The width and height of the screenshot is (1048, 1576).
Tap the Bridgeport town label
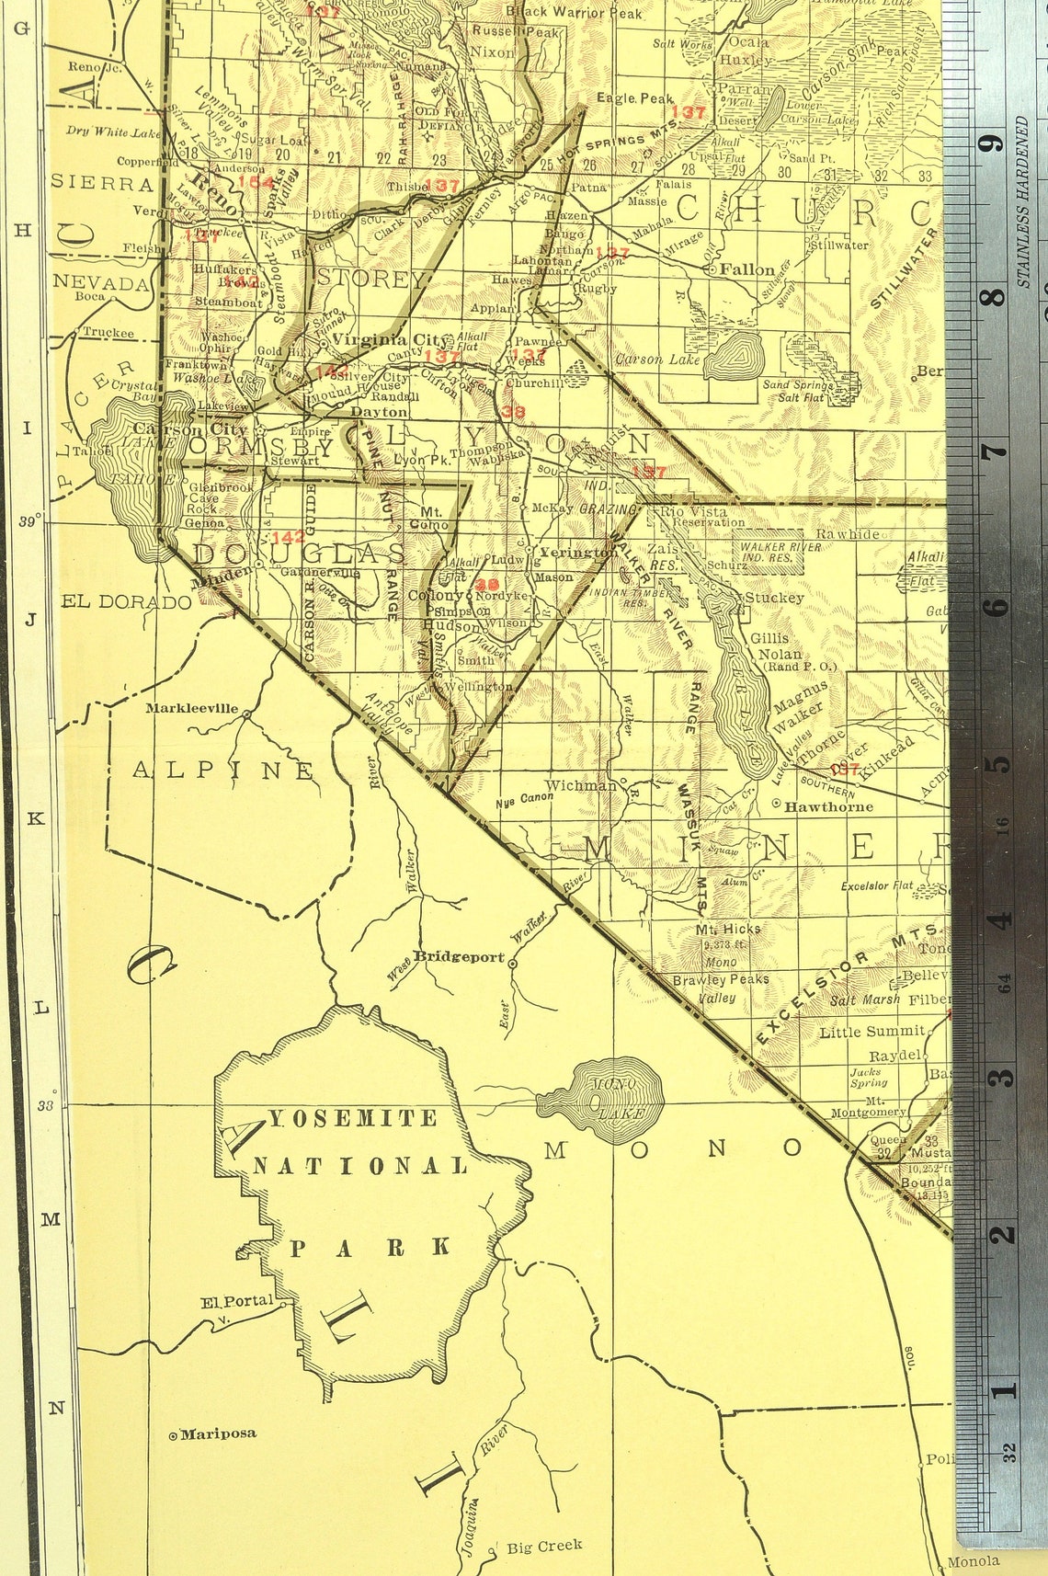pos(459,956)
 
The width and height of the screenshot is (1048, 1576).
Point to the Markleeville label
pos(191,708)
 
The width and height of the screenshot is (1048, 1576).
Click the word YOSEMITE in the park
pos(353,1118)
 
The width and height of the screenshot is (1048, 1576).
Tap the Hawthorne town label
pos(827,806)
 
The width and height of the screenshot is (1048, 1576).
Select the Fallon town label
pos(746,269)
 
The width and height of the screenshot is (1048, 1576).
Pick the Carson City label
pos(190,429)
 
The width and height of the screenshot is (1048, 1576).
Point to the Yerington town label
pos(577,553)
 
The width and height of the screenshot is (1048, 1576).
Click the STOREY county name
pos(371,279)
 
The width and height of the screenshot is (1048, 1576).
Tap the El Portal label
pos(237,1301)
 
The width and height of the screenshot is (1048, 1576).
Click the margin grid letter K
pos(36,818)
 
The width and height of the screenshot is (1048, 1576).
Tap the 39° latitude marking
pos(28,521)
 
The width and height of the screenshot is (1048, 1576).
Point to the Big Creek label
pos(544,1547)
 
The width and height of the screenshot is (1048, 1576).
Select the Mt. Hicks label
pos(727,930)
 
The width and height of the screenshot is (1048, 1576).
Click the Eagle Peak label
pos(634,97)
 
